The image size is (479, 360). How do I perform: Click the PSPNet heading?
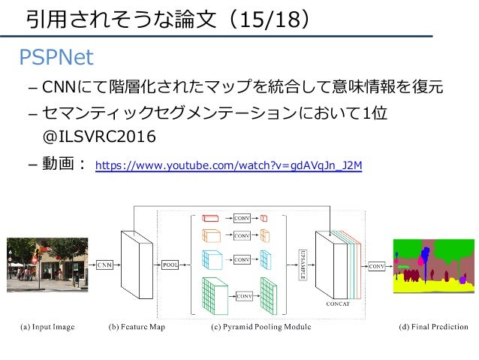57,57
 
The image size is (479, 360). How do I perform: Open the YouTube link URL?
228,163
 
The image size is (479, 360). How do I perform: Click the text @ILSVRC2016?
99,137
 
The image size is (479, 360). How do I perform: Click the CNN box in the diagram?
104,265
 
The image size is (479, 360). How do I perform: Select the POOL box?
170,265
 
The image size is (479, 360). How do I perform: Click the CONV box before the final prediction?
378,265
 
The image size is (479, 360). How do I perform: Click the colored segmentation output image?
431,265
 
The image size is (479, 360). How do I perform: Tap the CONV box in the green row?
244,296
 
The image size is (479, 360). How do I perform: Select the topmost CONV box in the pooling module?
242,218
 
